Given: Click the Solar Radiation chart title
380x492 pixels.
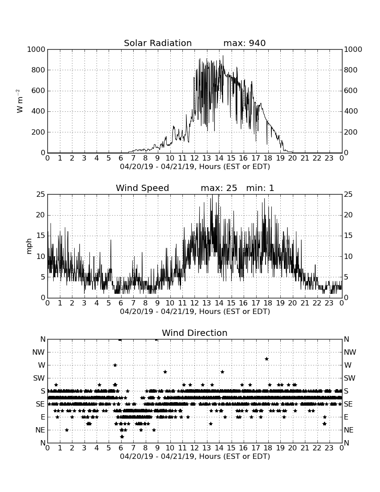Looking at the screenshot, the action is (x=158, y=43).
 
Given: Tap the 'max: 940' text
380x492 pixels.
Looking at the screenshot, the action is (x=245, y=43).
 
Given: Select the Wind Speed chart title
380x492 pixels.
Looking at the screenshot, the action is (x=142, y=188).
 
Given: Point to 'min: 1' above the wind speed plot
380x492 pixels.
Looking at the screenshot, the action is (x=260, y=188).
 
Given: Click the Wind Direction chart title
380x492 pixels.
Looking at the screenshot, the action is (x=194, y=333).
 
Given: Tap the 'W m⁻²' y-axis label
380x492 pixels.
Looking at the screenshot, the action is (x=19, y=101).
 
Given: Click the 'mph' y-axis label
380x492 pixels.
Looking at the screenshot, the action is (x=29, y=246).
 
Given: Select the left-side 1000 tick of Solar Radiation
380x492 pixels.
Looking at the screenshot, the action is (x=36, y=50).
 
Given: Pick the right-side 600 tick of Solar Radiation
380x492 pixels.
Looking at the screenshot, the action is (x=350, y=91).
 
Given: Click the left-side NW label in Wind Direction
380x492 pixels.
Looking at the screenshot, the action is (x=38, y=352).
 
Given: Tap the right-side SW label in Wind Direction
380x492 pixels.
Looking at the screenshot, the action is (x=350, y=378).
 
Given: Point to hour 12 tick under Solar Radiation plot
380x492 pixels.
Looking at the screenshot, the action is (x=194, y=158).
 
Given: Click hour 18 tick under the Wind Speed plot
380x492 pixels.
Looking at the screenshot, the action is (x=268, y=303).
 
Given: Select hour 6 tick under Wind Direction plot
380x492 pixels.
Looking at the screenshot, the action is (x=121, y=448).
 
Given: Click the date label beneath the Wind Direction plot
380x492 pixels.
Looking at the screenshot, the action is (x=195, y=456).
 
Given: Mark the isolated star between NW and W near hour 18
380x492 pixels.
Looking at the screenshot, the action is (x=266, y=359).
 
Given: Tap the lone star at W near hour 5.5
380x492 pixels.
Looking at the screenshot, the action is (x=115, y=365).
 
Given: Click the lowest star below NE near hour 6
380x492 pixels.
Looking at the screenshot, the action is (x=122, y=437).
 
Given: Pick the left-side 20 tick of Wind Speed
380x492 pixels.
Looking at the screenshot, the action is (x=41, y=215).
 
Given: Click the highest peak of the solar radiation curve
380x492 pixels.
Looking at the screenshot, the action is (x=223, y=55).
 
